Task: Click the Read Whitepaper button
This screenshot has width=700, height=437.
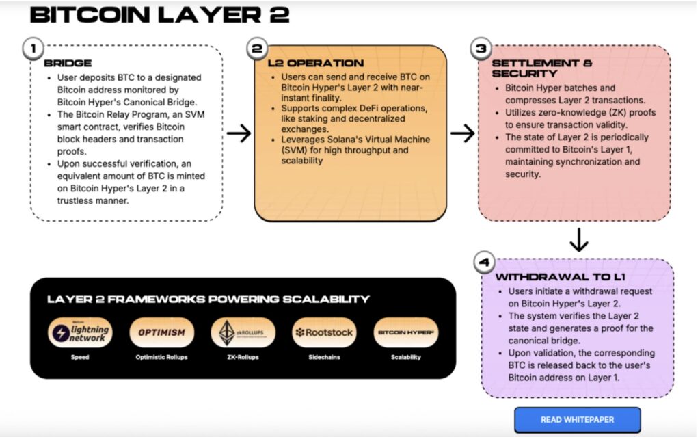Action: pyautogui.click(x=577, y=419)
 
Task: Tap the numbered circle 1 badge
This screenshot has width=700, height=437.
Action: pyautogui.click(x=33, y=49)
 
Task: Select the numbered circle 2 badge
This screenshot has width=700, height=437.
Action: pyautogui.click(x=257, y=49)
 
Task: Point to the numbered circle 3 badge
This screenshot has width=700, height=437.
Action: pyautogui.click(x=481, y=49)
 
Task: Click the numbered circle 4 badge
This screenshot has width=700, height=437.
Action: pyautogui.click(x=483, y=263)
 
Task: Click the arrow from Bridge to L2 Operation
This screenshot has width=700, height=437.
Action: pyautogui.click(x=239, y=133)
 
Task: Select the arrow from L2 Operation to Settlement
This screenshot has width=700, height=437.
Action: pyautogui.click(x=463, y=133)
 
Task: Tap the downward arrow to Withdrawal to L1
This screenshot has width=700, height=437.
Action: pyautogui.click(x=578, y=239)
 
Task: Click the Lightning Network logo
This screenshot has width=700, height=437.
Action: pyautogui.click(x=80, y=333)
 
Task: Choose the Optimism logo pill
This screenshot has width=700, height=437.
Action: pyautogui.click(x=161, y=333)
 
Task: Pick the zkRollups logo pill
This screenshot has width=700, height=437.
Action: pyautogui.click(x=243, y=333)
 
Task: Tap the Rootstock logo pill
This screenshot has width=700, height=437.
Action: pyautogui.click(x=325, y=333)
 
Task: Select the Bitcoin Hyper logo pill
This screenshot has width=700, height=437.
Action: pyautogui.click(x=406, y=333)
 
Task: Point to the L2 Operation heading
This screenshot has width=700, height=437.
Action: pyautogui.click(x=306, y=64)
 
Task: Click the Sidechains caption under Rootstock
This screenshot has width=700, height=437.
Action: pyautogui.click(x=325, y=358)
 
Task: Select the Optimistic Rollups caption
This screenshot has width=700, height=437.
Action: pyautogui.click(x=161, y=358)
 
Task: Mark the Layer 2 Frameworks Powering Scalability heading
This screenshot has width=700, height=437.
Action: pyautogui.click(x=208, y=300)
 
